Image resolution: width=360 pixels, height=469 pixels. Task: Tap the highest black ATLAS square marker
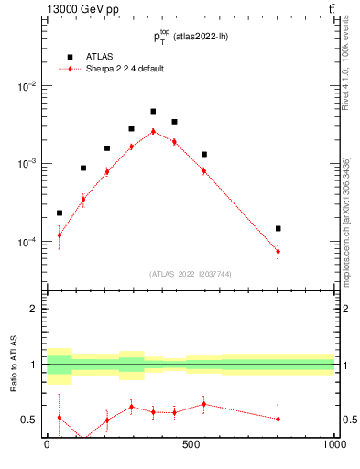tap(153, 112)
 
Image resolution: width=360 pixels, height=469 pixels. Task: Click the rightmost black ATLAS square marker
tap(278, 228)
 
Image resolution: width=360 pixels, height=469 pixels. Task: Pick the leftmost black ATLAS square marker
tap(60, 213)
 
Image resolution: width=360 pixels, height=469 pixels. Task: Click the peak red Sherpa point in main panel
tap(153, 131)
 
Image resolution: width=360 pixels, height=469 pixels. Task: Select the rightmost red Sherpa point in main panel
tap(278, 251)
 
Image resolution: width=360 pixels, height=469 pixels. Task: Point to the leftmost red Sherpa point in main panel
tap(60, 235)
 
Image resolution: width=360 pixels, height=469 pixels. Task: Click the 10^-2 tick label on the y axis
tap(27, 86)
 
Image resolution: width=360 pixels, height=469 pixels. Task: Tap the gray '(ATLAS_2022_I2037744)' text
tap(191, 274)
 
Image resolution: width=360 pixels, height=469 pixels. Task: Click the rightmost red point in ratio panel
tap(278, 419)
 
